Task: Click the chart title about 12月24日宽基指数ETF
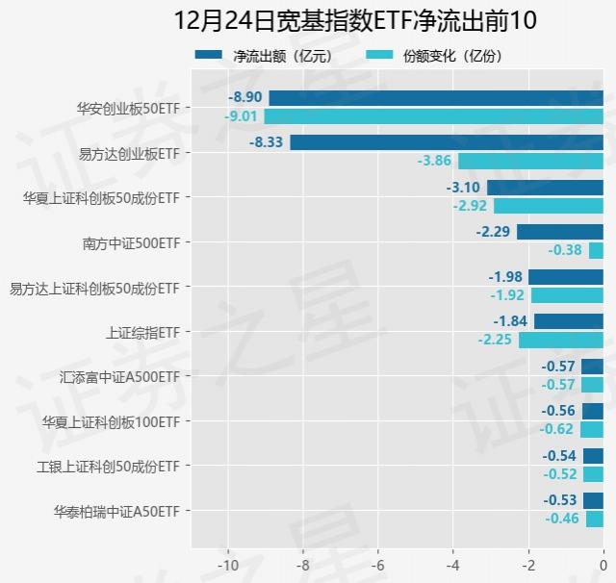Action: point(355,20)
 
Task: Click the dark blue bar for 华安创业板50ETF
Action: point(436,98)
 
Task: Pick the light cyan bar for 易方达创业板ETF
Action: point(530,161)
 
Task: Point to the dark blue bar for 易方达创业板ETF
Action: point(447,142)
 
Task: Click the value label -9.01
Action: point(241,116)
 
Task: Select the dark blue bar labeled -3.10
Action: point(545,188)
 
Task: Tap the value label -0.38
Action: point(565,250)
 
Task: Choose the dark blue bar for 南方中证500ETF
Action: point(560,232)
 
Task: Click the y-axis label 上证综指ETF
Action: point(142,332)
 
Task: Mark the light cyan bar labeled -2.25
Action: point(561,340)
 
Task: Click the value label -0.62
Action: point(556,429)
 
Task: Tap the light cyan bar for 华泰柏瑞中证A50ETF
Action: point(595,520)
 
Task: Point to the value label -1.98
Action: point(505,277)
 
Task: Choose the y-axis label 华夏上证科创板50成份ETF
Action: point(101,198)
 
